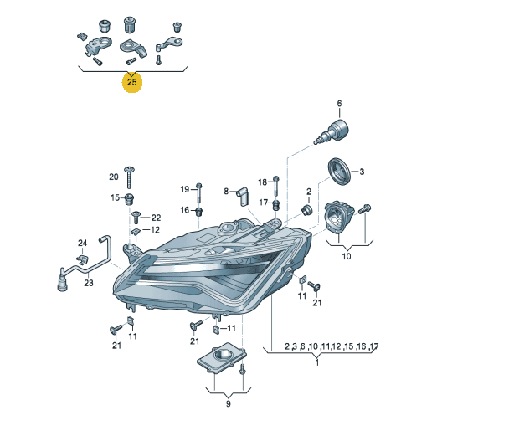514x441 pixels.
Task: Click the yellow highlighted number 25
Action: click(131, 82)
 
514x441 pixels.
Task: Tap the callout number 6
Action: click(339, 104)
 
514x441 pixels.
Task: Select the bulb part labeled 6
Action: click(332, 132)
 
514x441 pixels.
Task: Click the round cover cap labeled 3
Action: click(339, 172)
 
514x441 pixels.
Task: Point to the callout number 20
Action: click(113, 177)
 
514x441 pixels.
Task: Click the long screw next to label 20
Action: click(130, 177)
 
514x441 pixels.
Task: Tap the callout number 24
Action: click(82, 243)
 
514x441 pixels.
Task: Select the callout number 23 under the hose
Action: click(89, 283)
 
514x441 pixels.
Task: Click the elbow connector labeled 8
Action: click(243, 197)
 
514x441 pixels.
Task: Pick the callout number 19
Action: click(185, 189)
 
